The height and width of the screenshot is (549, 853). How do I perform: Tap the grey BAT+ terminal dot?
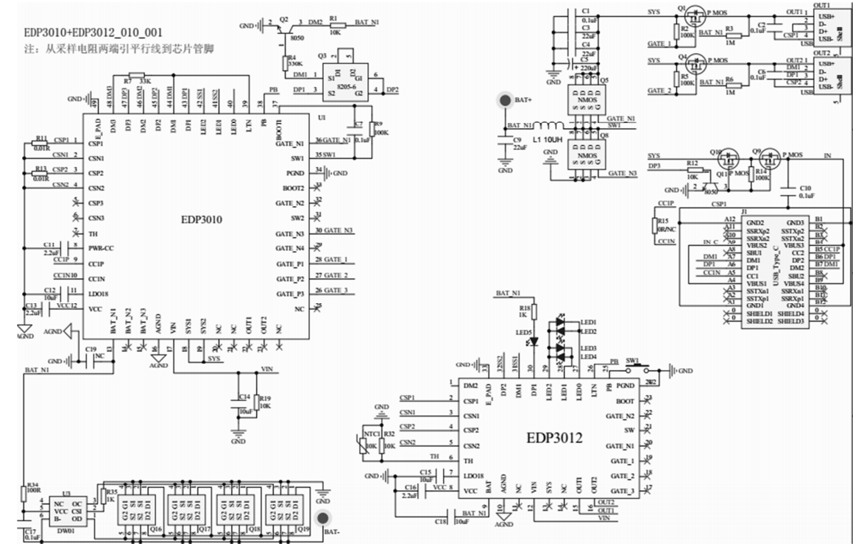point(505,100)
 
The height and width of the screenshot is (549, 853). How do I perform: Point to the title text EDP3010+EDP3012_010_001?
point(93,33)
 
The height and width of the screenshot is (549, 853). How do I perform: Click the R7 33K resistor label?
point(138,81)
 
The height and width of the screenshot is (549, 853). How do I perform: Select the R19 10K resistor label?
point(265,402)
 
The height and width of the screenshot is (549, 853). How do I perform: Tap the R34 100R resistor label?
point(32,488)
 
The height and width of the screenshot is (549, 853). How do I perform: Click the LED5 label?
point(523,333)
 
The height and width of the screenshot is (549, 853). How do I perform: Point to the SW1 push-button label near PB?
point(632,361)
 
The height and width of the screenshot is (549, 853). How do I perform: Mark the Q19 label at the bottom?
point(300,529)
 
